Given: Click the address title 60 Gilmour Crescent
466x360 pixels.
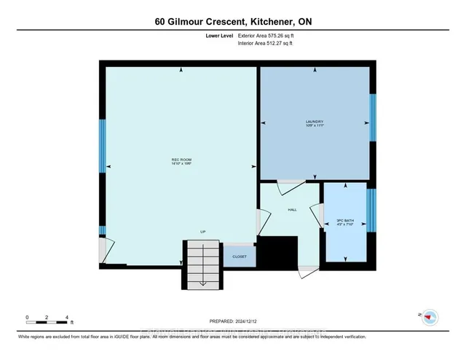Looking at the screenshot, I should tap(232, 21).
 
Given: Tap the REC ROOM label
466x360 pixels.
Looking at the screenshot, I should tap(181, 159).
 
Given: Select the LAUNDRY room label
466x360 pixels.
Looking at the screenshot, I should tap(315, 122).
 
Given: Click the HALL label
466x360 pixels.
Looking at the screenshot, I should tap(292, 209).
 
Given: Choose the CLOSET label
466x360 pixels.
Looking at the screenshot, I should tap(240, 257).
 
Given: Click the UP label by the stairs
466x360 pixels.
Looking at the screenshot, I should tap(203, 232).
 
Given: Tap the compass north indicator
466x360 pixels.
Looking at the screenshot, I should tap(430, 316).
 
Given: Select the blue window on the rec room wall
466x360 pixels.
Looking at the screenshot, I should tap(103, 145).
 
